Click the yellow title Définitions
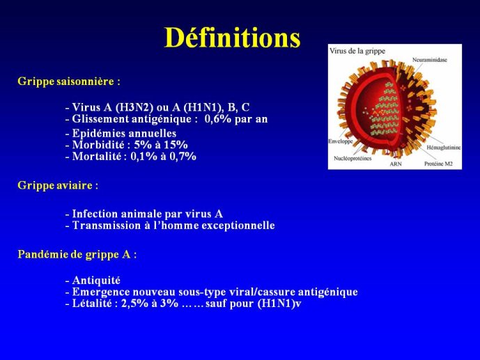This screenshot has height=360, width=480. pyautogui.click(x=233, y=38)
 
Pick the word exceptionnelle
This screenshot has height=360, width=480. pyautogui.click(x=238, y=226)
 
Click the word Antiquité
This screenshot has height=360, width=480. pyautogui.click(x=96, y=281)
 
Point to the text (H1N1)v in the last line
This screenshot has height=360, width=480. pyautogui.click(x=279, y=304)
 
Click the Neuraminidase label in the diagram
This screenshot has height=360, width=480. pyautogui.click(x=429, y=60)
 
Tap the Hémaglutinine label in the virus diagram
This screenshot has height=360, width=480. pyautogui.click(x=444, y=148)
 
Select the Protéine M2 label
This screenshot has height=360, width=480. pyautogui.click(x=438, y=164)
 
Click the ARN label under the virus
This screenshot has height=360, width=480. pyautogui.click(x=396, y=164)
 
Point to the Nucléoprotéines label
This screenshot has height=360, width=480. pyautogui.click(x=353, y=159)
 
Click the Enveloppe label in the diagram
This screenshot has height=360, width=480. pyautogui.click(x=341, y=141)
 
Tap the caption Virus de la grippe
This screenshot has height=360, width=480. pyautogui.click(x=357, y=51)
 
